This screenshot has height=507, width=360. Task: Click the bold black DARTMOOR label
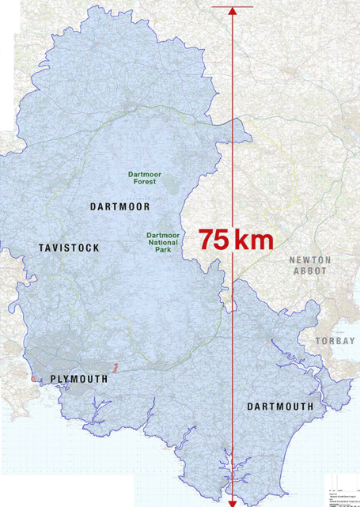[119, 207]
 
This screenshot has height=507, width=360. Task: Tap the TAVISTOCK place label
[69, 248]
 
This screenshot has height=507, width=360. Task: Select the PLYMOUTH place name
[78, 380]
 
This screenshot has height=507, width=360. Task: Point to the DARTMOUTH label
[280, 407]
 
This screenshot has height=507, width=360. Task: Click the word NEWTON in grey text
[310, 260]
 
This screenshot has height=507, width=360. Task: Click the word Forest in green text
[145, 181]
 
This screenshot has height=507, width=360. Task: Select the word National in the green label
[162, 244]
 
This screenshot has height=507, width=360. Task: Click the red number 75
[214, 240]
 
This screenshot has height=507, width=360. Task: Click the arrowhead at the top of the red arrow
[232, 12]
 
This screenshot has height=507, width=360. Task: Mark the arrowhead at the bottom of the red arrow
[232, 501]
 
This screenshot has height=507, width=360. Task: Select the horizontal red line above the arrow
[232, 6]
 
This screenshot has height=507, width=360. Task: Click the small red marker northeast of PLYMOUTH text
[116, 367]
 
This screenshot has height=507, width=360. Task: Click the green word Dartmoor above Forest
[145, 173]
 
